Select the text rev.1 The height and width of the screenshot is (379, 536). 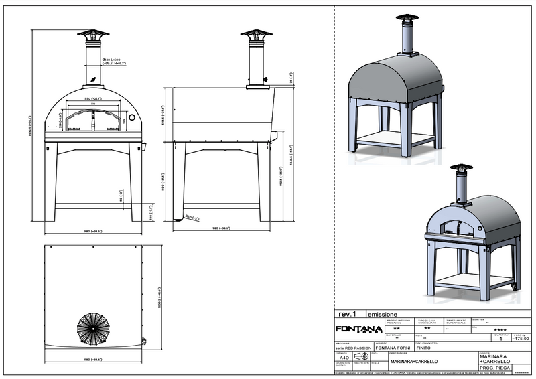point(346,313)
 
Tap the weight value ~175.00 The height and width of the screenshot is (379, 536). point(519,339)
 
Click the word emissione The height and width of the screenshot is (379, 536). point(383,313)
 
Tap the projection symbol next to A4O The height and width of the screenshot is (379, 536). point(360,357)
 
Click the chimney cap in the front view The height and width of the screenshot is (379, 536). point(94,34)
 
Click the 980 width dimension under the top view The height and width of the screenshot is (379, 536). point(94,359)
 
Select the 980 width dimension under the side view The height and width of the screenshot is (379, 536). point(221,228)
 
